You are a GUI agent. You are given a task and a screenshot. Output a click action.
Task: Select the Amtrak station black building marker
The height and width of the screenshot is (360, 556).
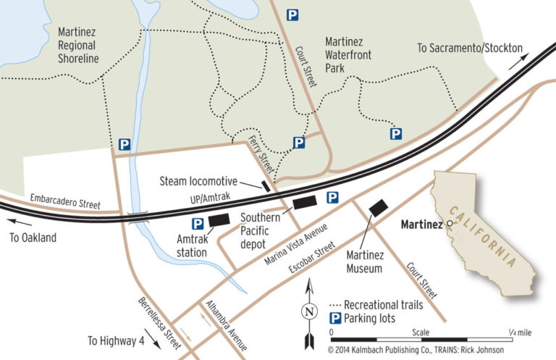tap(219, 219)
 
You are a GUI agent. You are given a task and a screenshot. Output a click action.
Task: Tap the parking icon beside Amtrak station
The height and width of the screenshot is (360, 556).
tap(197, 224)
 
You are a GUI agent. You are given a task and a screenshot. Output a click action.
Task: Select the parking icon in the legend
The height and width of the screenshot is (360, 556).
tap(336, 319)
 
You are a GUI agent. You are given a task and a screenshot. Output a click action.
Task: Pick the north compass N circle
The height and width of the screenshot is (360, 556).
tap(310, 313)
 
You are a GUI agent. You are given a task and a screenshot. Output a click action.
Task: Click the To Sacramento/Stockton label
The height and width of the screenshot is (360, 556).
tap(470, 48)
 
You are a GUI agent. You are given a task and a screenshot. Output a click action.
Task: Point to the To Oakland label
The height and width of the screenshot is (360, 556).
tap(33, 238)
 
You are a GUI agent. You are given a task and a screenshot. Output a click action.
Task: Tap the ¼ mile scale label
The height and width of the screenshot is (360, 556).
tap(520, 332)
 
